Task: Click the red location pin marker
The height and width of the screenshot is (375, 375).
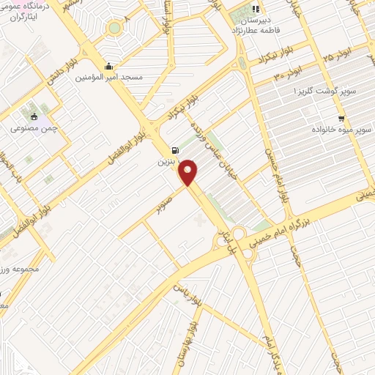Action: point(190,172)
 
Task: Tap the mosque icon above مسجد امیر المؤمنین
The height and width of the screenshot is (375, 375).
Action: point(109,65)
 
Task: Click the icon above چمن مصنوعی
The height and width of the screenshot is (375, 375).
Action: point(34,115)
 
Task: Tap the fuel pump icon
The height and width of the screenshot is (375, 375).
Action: point(175,146)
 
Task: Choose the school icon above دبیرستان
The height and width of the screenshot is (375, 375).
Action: point(256,10)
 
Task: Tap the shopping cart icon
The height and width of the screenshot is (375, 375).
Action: point(341,117)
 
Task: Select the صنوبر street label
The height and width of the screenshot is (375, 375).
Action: point(167,203)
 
